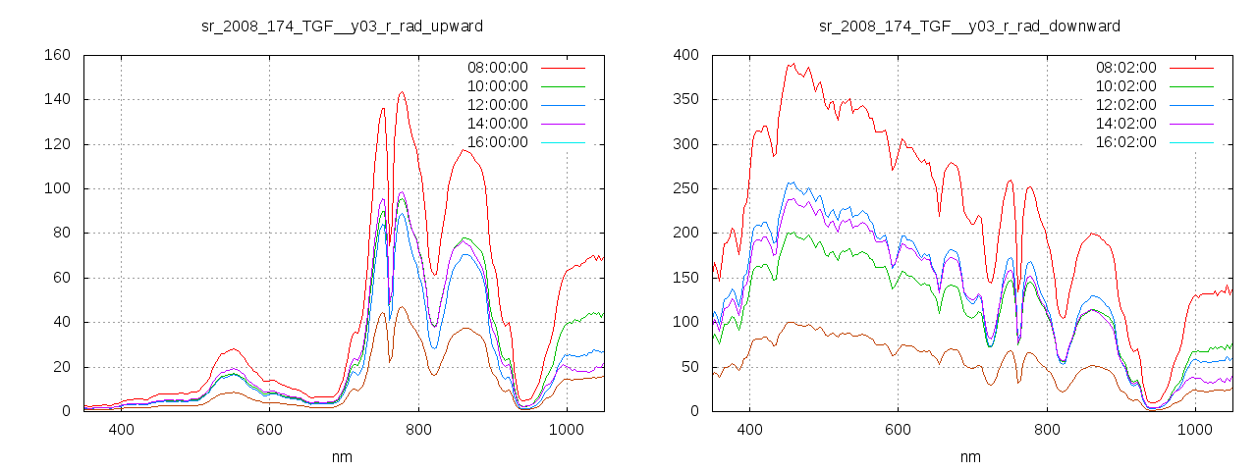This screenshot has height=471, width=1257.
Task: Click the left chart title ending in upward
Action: click(x=342, y=26)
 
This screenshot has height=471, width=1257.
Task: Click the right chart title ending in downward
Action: click(x=969, y=26)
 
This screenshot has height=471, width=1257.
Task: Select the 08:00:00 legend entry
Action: click(x=496, y=68)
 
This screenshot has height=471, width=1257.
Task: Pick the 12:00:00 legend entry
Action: click(x=496, y=105)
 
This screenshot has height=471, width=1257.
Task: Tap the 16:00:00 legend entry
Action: click(x=496, y=142)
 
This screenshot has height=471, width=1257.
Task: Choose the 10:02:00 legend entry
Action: click(x=1124, y=86)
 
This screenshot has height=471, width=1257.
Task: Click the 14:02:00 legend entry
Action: click(x=1124, y=124)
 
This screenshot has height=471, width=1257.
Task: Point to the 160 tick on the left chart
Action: click(x=57, y=55)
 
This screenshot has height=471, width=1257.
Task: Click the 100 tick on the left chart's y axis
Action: click(x=57, y=188)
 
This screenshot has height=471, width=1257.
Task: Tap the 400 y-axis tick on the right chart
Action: click(x=685, y=55)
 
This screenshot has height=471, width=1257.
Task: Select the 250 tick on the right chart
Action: click(x=685, y=188)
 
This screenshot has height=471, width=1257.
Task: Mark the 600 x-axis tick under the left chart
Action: click(x=270, y=430)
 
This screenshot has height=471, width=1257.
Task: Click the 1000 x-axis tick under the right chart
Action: click(x=1195, y=430)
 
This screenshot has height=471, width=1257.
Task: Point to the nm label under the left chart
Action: click(x=342, y=457)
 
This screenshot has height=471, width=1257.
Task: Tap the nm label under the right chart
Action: click(x=970, y=457)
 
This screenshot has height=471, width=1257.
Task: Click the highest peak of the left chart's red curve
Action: click(x=402, y=92)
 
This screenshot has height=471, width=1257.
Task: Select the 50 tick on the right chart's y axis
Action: click(x=689, y=367)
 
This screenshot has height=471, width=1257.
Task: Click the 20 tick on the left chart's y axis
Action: click(x=61, y=367)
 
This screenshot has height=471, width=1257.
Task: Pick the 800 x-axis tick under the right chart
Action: click(x=1047, y=430)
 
